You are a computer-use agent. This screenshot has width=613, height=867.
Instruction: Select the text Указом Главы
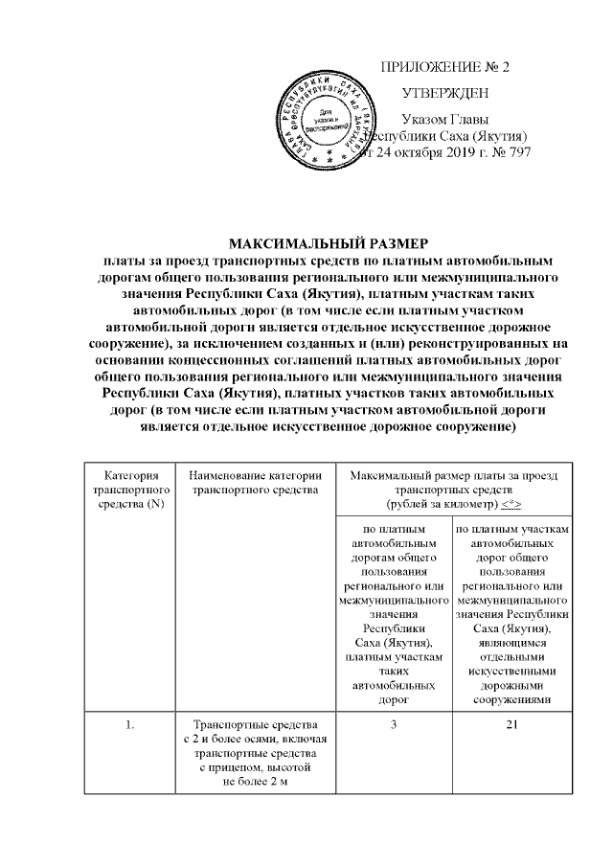coord(444,120)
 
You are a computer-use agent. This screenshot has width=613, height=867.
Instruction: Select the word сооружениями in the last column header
coord(513,699)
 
